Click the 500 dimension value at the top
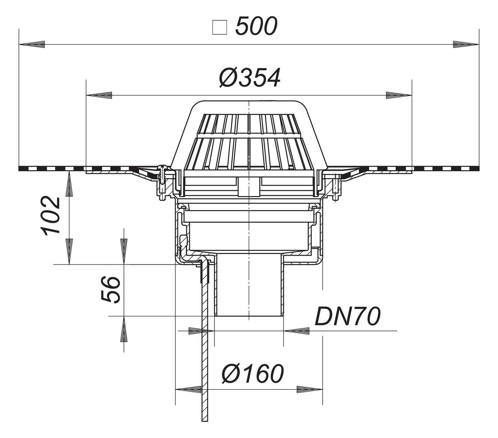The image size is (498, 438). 257,26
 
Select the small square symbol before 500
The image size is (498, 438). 219,27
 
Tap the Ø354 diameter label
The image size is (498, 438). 250,78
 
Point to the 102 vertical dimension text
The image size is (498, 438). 50,216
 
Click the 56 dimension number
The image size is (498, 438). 111,290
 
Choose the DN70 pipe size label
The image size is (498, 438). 347,317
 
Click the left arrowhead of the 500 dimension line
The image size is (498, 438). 32,44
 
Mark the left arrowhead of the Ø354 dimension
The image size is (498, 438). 99,95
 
